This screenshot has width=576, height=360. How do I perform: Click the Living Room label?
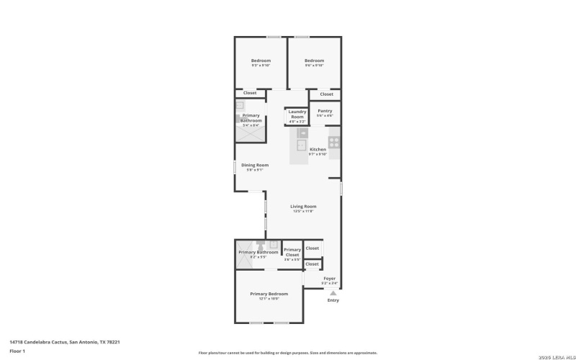(303, 207)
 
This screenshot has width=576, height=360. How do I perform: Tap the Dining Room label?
(255, 165)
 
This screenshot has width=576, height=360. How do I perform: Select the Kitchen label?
(318, 149)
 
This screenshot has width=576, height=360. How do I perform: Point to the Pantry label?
(325, 111)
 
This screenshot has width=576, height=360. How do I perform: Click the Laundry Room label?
(297, 114)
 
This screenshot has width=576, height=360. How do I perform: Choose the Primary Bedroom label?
(269, 294)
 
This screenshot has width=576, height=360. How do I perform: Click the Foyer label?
(329, 278)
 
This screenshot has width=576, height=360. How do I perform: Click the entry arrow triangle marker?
(333, 292)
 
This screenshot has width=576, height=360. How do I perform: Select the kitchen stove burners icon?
(334, 141)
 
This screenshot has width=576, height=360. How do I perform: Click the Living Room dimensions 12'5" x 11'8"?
(303, 212)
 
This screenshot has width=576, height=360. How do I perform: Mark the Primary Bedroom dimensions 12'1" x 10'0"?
(269, 299)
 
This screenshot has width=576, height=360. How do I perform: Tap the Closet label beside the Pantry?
(326, 94)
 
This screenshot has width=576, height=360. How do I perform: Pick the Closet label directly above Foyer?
(312, 264)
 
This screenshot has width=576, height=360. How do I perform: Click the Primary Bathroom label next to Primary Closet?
(258, 252)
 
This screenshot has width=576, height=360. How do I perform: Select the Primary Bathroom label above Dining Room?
(251, 117)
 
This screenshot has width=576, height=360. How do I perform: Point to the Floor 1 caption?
(17, 351)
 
